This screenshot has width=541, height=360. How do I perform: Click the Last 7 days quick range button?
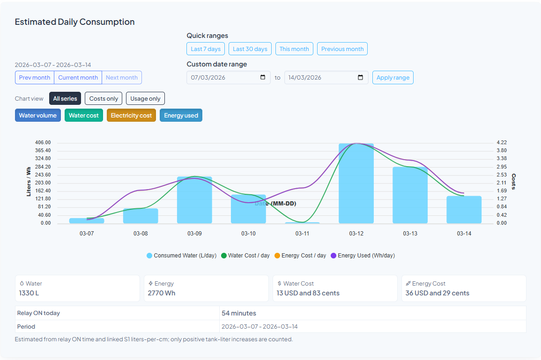click(x=206, y=49)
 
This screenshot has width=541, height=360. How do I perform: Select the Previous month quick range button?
click(x=342, y=49)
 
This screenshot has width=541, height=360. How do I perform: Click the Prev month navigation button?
click(x=35, y=78)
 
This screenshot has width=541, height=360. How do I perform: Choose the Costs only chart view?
click(x=104, y=98)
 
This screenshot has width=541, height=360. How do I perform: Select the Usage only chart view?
click(x=145, y=98)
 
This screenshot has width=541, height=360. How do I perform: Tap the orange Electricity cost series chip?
click(x=131, y=116)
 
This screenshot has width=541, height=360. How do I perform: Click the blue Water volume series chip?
click(x=38, y=116)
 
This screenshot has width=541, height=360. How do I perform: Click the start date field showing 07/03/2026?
click(x=222, y=78)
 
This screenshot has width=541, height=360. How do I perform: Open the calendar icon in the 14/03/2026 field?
click(x=360, y=78)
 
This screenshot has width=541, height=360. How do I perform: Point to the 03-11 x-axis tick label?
click(x=302, y=234)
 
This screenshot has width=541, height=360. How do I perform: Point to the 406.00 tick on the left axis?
click(x=43, y=142)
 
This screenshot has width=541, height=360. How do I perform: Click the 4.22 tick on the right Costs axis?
click(x=501, y=142)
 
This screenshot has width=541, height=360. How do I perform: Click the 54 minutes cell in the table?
click(x=239, y=313)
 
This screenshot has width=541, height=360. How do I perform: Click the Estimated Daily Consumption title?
click(x=74, y=22)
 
